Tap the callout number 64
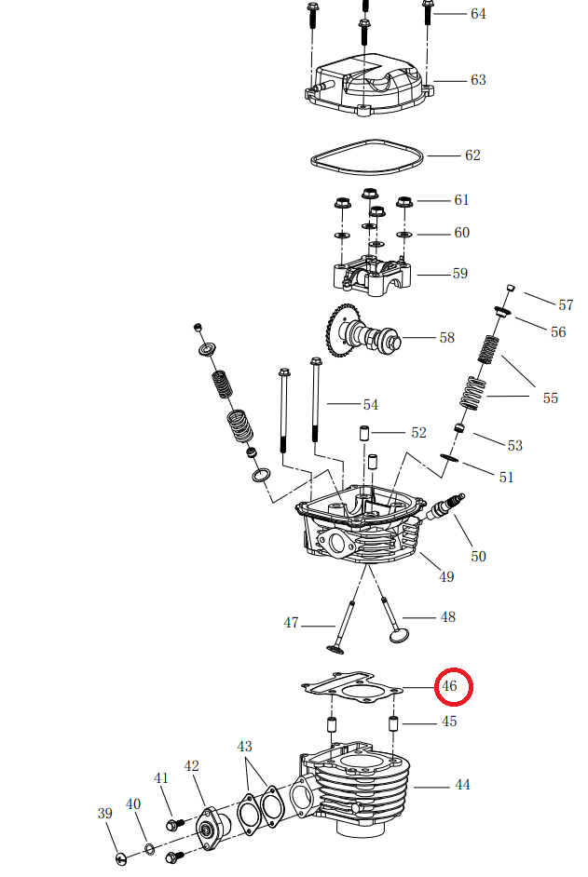tap(478, 14)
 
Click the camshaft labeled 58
tap(366, 336)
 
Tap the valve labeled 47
tap(344, 624)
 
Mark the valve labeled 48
tap(391, 619)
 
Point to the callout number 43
tap(245, 747)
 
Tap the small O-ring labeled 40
tap(149, 848)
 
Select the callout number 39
tap(104, 814)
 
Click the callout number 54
tap(370, 405)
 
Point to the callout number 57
tap(566, 305)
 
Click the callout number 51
tap(506, 478)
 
